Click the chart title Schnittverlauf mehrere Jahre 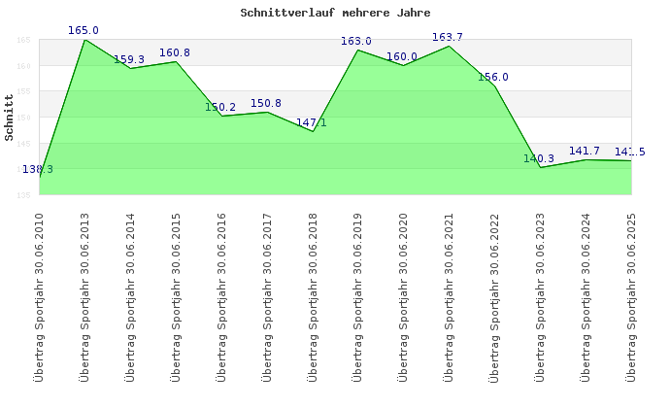coord(335,13)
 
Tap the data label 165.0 coord(84,31)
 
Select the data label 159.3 coord(129,59)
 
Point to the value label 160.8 coord(175,52)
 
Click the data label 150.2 coord(220,107)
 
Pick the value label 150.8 coord(266,103)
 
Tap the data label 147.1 coord(312,122)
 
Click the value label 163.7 coord(448,37)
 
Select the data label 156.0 coord(493,77)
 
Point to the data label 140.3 coord(539,158)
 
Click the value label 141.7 coord(585,151)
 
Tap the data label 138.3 coord(38,169)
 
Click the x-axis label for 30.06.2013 coord(84,296)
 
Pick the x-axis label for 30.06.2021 coord(449,296)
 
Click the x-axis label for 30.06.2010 coord(40,296)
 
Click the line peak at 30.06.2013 coord(84,40)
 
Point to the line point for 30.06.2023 coord(540,167)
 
